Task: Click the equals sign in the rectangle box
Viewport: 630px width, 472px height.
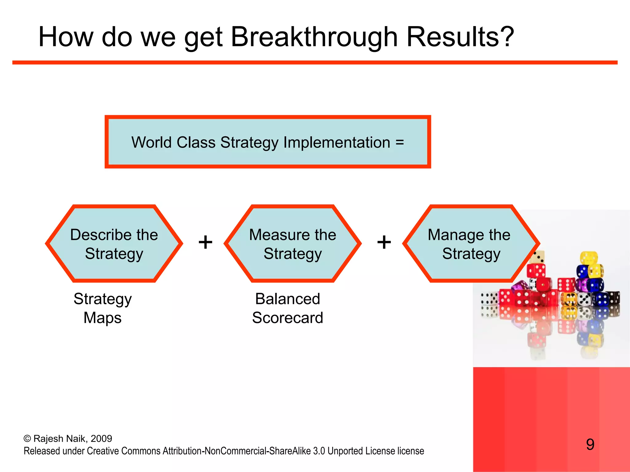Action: pyautogui.click(x=400, y=142)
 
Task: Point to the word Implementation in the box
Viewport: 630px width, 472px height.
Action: pyautogui.click(x=337, y=142)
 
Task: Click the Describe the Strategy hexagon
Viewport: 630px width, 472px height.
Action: pyautogui.click(x=114, y=244)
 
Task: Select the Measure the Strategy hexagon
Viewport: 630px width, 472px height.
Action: pyautogui.click(x=293, y=244)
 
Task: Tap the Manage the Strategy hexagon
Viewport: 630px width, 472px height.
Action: pyautogui.click(x=471, y=244)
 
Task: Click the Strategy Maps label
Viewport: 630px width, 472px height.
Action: pyautogui.click(x=102, y=308)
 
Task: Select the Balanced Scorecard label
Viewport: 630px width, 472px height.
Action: pyautogui.click(x=288, y=308)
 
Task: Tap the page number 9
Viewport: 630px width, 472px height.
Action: pyautogui.click(x=590, y=444)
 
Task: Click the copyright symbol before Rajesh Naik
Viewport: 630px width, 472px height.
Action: pyautogui.click(x=27, y=439)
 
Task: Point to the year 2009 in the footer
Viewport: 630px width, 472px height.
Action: pyautogui.click(x=101, y=439)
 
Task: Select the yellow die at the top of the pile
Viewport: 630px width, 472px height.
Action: pyautogui.click(x=588, y=258)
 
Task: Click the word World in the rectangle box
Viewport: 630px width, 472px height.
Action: pyautogui.click(x=151, y=142)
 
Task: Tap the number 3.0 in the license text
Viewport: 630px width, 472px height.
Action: pyautogui.click(x=319, y=451)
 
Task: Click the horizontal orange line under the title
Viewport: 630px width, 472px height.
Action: pyautogui.click(x=315, y=62)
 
